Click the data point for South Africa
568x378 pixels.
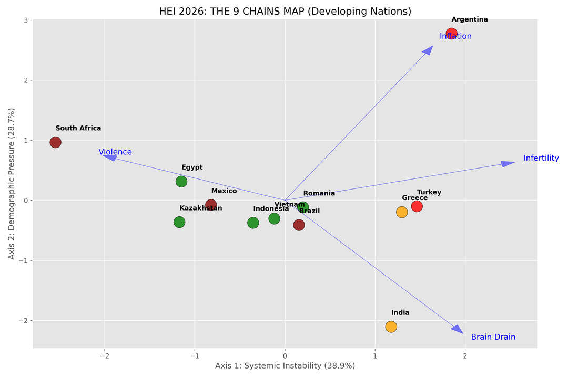tap(55, 142)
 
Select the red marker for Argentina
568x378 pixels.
tap(451, 34)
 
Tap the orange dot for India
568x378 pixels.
tap(391, 327)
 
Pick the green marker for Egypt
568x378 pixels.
tap(181, 182)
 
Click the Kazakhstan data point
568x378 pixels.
tap(179, 222)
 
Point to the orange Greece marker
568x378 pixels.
tap(402, 212)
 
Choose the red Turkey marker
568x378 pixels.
tap(417, 206)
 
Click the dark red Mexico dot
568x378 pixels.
tap(211, 205)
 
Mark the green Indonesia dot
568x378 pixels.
tap(253, 223)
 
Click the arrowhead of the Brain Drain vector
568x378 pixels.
tap(458, 329)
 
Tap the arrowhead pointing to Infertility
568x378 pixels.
tap(508, 164)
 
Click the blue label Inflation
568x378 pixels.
tap(455, 36)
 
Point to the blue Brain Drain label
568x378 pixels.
tap(493, 337)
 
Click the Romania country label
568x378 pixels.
tap(319, 193)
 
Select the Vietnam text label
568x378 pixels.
tap(289, 205)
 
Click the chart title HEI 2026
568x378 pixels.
tap(285, 11)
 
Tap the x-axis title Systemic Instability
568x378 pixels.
tap(285, 366)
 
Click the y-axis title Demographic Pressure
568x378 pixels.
tap(12, 184)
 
